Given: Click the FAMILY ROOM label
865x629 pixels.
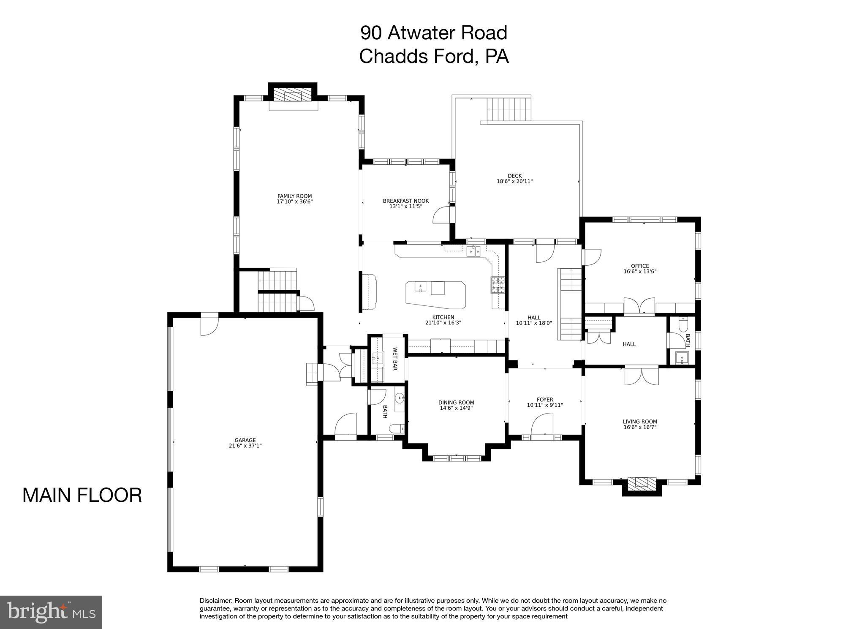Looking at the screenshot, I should tap(294, 196).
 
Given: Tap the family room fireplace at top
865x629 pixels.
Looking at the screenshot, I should tap(293, 95).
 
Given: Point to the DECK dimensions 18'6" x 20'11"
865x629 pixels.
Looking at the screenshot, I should tap(514, 182).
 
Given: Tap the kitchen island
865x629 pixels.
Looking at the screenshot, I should tap(435, 293).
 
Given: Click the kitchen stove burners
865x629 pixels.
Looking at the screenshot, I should tap(498, 285).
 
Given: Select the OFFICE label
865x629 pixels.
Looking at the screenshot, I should tap(639, 266).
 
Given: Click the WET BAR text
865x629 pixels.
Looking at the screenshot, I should tap(395, 359).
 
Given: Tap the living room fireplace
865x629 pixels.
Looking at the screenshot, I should tap(641, 483).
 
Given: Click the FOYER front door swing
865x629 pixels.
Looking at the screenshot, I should tap(542, 424).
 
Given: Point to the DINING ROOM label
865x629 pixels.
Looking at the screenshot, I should tap(456, 403).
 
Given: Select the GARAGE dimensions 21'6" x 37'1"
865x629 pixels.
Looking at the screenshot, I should tap(245, 446).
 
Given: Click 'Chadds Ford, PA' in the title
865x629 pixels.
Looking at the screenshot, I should tap(434, 56).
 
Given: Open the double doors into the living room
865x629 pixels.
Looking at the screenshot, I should tap(641, 376).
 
